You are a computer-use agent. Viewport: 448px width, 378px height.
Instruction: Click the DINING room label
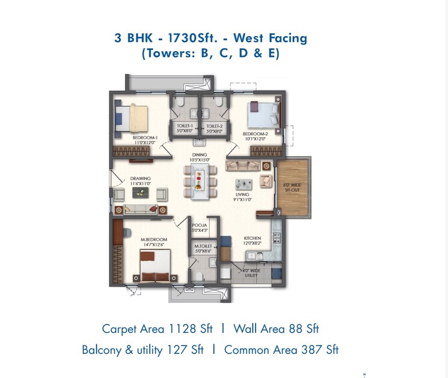click(199, 157)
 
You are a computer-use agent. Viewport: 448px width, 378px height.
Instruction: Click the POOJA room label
click(199, 227)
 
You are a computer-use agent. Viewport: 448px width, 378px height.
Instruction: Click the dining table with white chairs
click(200, 180)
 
